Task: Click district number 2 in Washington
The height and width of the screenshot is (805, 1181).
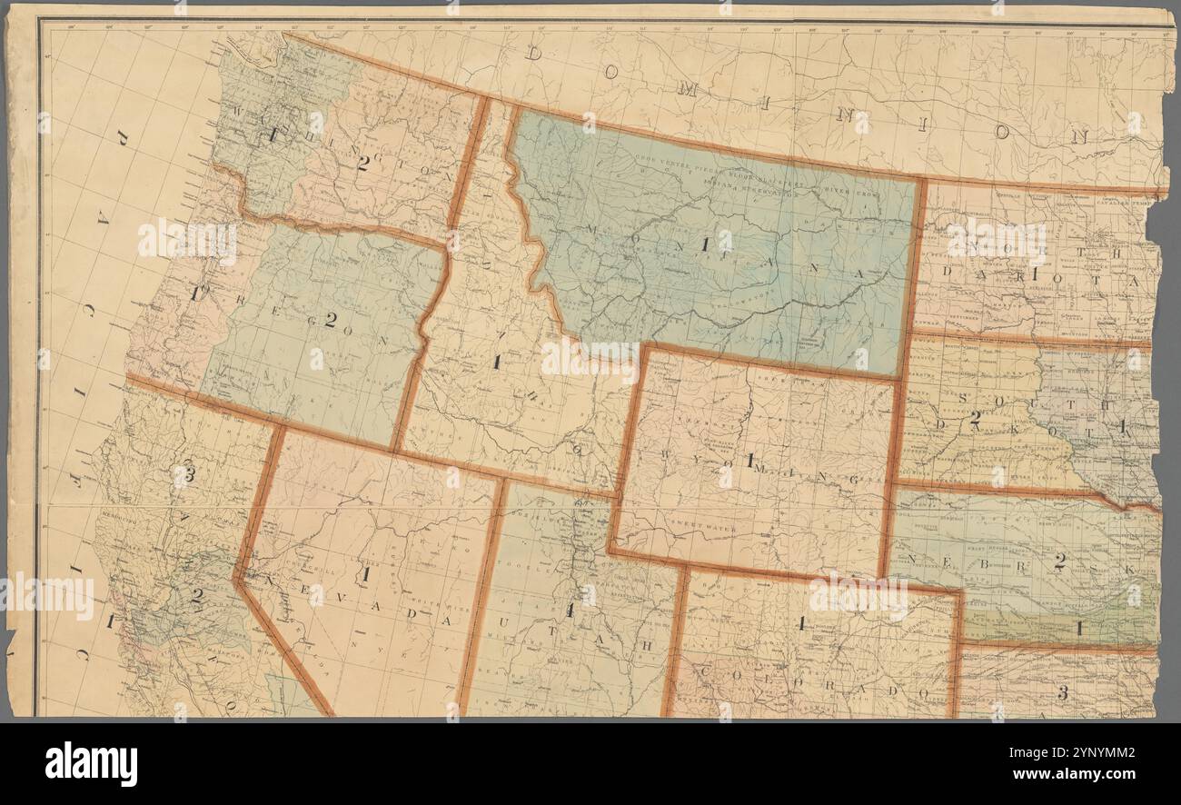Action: click(x=363, y=163)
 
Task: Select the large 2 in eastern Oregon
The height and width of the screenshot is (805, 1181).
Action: click(x=331, y=320)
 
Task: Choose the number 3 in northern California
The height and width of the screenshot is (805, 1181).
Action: click(x=189, y=472)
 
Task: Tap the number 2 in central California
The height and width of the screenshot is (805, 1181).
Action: click(x=196, y=596)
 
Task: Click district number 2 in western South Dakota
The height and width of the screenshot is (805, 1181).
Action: click(x=975, y=418)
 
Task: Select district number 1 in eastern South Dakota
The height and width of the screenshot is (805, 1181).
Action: click(x=1123, y=424)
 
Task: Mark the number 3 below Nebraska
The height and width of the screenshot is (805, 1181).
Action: click(x=1061, y=693)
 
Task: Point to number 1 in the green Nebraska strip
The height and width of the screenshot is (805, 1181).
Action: click(x=1080, y=627)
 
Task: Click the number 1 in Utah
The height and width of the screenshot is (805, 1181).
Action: click(x=570, y=611)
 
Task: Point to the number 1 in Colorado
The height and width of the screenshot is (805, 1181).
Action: click(x=803, y=623)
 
